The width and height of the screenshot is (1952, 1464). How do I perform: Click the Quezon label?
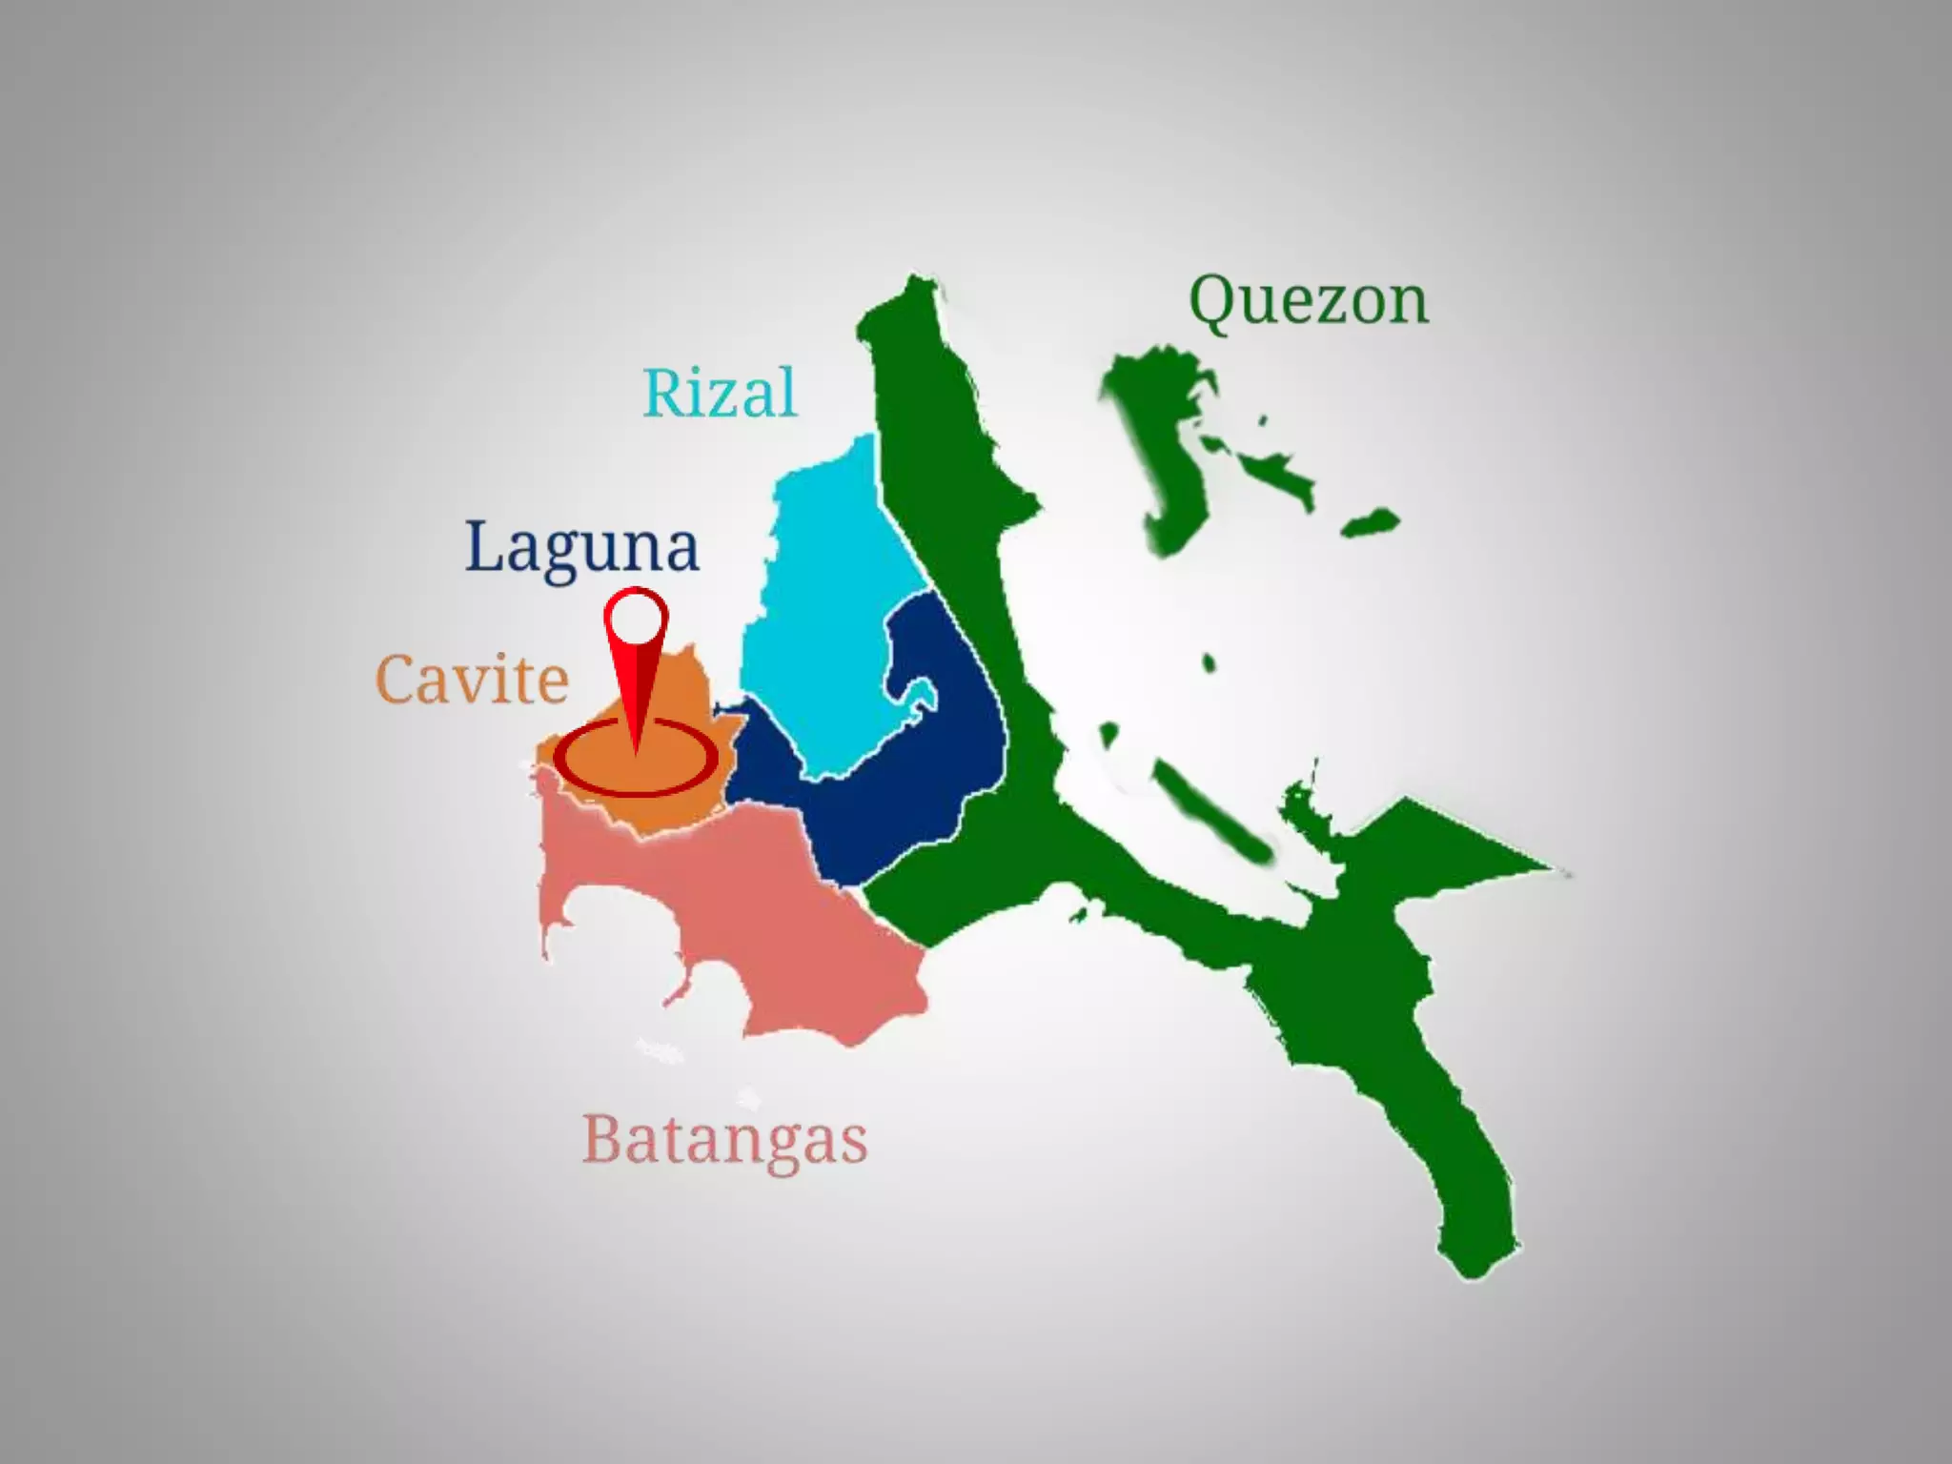(1309, 302)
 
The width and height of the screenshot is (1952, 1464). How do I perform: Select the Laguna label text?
(582, 547)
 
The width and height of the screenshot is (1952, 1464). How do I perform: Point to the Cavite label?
(473, 680)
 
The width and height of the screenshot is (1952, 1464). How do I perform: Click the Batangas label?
(724, 1139)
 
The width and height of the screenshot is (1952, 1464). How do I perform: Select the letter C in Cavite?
(398, 680)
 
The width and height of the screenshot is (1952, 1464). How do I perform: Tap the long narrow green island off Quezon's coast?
(1210, 810)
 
